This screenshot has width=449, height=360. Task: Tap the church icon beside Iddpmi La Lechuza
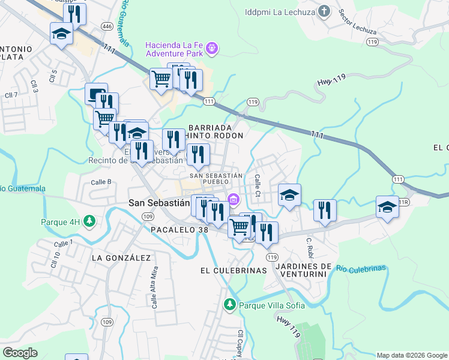324,11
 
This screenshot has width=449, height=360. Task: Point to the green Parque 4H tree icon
89,221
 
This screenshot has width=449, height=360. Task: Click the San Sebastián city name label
159,203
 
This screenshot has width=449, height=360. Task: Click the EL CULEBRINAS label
233,271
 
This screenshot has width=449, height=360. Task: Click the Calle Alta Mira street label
154,289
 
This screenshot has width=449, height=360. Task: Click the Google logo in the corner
20,353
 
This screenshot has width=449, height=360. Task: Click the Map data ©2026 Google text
412,355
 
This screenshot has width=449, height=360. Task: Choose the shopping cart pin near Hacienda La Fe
161,79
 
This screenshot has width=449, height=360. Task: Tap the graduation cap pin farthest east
387,208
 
